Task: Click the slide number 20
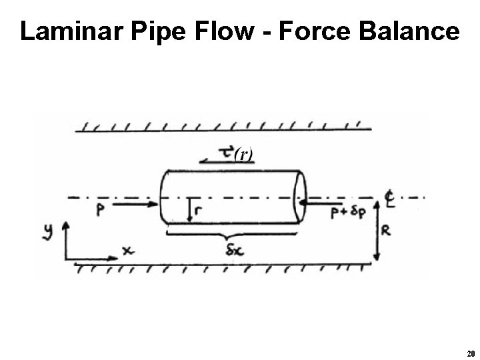pyautogui.click(x=471, y=353)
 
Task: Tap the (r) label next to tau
pyautogui.click(x=243, y=155)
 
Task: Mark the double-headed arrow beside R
pyautogui.click(x=377, y=229)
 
